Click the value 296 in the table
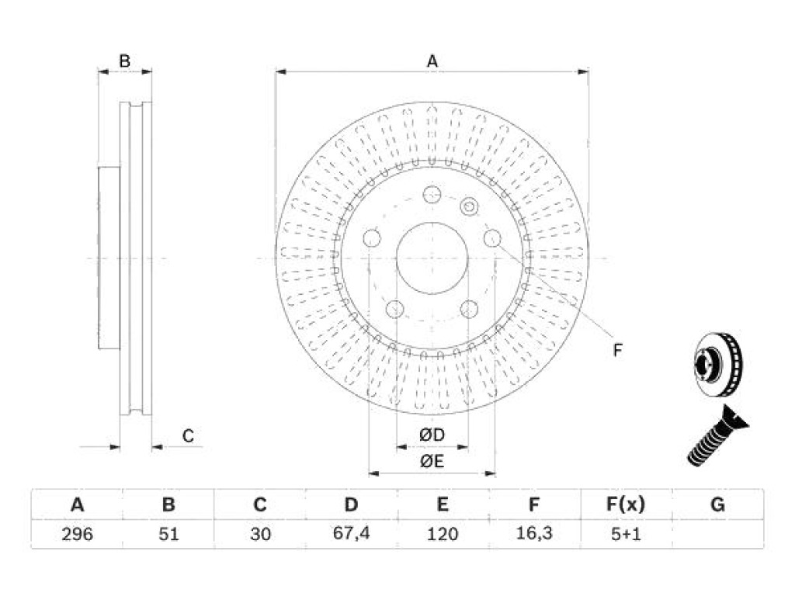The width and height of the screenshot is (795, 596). click(x=77, y=534)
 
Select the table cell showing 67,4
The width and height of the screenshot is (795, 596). click(x=352, y=534)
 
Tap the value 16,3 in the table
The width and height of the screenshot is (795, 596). click(x=534, y=534)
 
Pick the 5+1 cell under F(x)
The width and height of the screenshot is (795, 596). click(x=626, y=534)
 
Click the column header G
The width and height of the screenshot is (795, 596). click(x=717, y=504)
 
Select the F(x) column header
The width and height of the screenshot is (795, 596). click(x=626, y=504)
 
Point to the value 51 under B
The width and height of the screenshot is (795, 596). click(x=168, y=534)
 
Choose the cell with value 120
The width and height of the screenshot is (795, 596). click(x=443, y=534)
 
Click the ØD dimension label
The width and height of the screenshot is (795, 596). click(x=432, y=435)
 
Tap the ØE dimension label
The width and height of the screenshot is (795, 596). click(x=432, y=461)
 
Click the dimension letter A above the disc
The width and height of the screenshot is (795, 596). click(x=432, y=61)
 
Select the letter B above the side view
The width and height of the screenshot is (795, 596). click(x=125, y=61)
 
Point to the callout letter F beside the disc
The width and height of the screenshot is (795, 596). click(x=617, y=350)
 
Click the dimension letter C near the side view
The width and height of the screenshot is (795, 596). click(x=188, y=436)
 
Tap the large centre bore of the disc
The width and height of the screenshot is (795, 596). click(x=432, y=258)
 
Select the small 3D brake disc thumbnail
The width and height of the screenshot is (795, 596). click(x=717, y=364)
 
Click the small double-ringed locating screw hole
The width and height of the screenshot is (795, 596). click(x=470, y=206)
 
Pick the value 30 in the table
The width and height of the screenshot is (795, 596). click(x=260, y=534)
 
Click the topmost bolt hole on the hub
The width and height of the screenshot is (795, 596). click(x=432, y=195)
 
